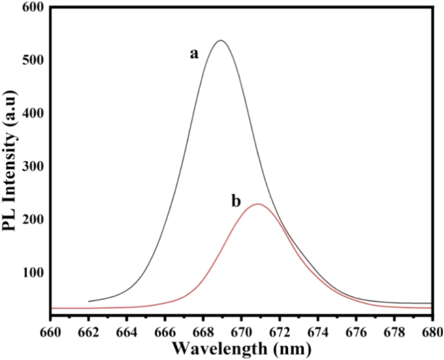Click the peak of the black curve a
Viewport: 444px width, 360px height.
221,40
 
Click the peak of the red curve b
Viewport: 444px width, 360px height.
258,204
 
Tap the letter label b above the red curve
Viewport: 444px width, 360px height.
236,201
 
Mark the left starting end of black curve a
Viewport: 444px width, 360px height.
89,301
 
